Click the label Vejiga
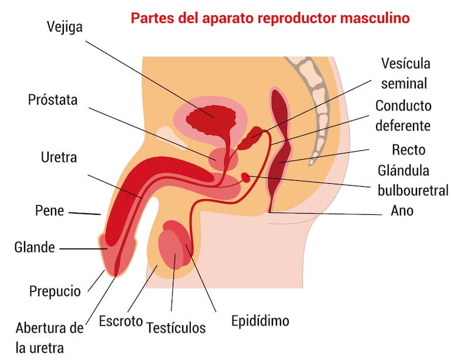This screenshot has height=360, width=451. pyautogui.click(x=64, y=28)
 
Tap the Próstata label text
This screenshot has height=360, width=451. pyautogui.click(x=53, y=100)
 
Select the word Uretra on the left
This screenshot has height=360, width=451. pyautogui.click(x=59, y=157)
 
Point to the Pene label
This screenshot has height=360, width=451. pyautogui.click(x=49, y=211)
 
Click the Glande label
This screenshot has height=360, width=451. pyautogui.click(x=35, y=247)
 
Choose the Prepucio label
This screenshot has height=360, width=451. pyautogui.click(x=55, y=291)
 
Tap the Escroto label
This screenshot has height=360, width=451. pyautogui.click(x=121, y=321)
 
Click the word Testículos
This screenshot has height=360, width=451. pyautogui.click(x=176, y=328)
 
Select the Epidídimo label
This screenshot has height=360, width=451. pyautogui.click(x=260, y=321)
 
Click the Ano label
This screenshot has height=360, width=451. pyautogui.click(x=402, y=211)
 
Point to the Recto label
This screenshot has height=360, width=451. pyautogui.click(x=408, y=150)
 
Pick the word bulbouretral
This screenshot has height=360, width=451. pyautogui.click(x=413, y=190)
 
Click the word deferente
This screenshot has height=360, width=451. pyautogui.click(x=403, y=126)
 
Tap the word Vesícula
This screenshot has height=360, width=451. pyautogui.click(x=405, y=64)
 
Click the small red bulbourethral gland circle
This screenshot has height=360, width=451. pyautogui.click(x=245, y=178)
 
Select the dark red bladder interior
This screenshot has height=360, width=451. pyautogui.click(x=211, y=119)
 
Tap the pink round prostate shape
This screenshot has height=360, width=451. pyautogui.click(x=223, y=159)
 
